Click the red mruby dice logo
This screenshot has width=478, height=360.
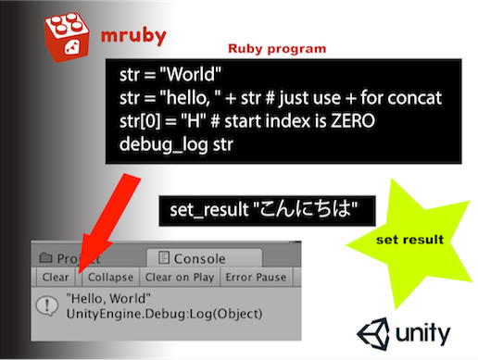tap(70, 33)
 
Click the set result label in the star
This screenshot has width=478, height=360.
tap(409, 240)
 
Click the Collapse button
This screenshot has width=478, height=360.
tap(110, 277)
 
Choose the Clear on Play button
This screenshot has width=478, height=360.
tap(182, 277)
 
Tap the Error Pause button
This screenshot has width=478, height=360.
tap(256, 277)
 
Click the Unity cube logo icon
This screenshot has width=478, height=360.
tap(375, 332)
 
